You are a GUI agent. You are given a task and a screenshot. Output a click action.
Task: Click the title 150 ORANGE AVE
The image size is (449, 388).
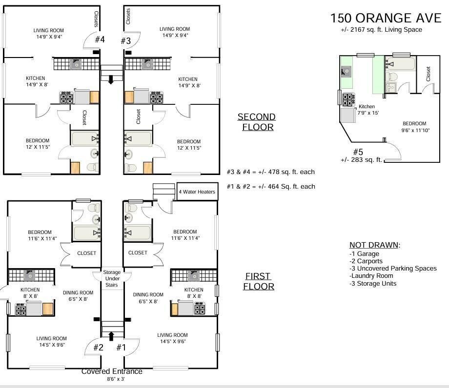click(386, 18)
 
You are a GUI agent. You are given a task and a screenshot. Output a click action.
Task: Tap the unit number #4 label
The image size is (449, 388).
click(100, 39)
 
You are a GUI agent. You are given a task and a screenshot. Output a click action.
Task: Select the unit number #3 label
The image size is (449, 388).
click(126, 40)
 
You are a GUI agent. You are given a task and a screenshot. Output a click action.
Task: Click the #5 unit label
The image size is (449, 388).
click(358, 152)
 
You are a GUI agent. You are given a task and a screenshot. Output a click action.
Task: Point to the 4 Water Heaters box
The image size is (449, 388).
click(196, 192)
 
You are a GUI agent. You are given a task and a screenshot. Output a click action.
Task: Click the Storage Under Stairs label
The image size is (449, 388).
click(112, 278)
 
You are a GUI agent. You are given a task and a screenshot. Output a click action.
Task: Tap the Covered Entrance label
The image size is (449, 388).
click(112, 371)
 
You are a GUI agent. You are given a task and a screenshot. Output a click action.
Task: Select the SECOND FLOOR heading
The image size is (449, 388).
click(256, 122)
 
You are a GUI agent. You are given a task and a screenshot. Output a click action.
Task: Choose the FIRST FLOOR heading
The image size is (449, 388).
click(259, 281)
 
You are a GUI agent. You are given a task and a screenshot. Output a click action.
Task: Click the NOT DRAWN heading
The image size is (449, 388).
click(374, 245)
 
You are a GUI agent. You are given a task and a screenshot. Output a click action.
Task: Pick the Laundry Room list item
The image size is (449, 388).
click(371, 276)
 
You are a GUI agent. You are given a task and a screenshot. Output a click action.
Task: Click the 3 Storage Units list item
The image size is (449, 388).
click(373, 283)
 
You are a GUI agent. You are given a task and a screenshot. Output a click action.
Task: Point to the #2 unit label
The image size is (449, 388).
click(98, 348)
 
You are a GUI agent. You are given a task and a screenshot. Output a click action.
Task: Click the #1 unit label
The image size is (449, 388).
click(121, 348)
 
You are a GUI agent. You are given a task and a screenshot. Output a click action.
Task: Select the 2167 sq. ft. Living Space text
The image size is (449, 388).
click(381, 30)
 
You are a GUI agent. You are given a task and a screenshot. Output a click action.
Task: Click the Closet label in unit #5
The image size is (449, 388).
click(428, 74)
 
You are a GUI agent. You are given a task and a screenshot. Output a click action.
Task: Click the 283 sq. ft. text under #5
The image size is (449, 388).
click(362, 160)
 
